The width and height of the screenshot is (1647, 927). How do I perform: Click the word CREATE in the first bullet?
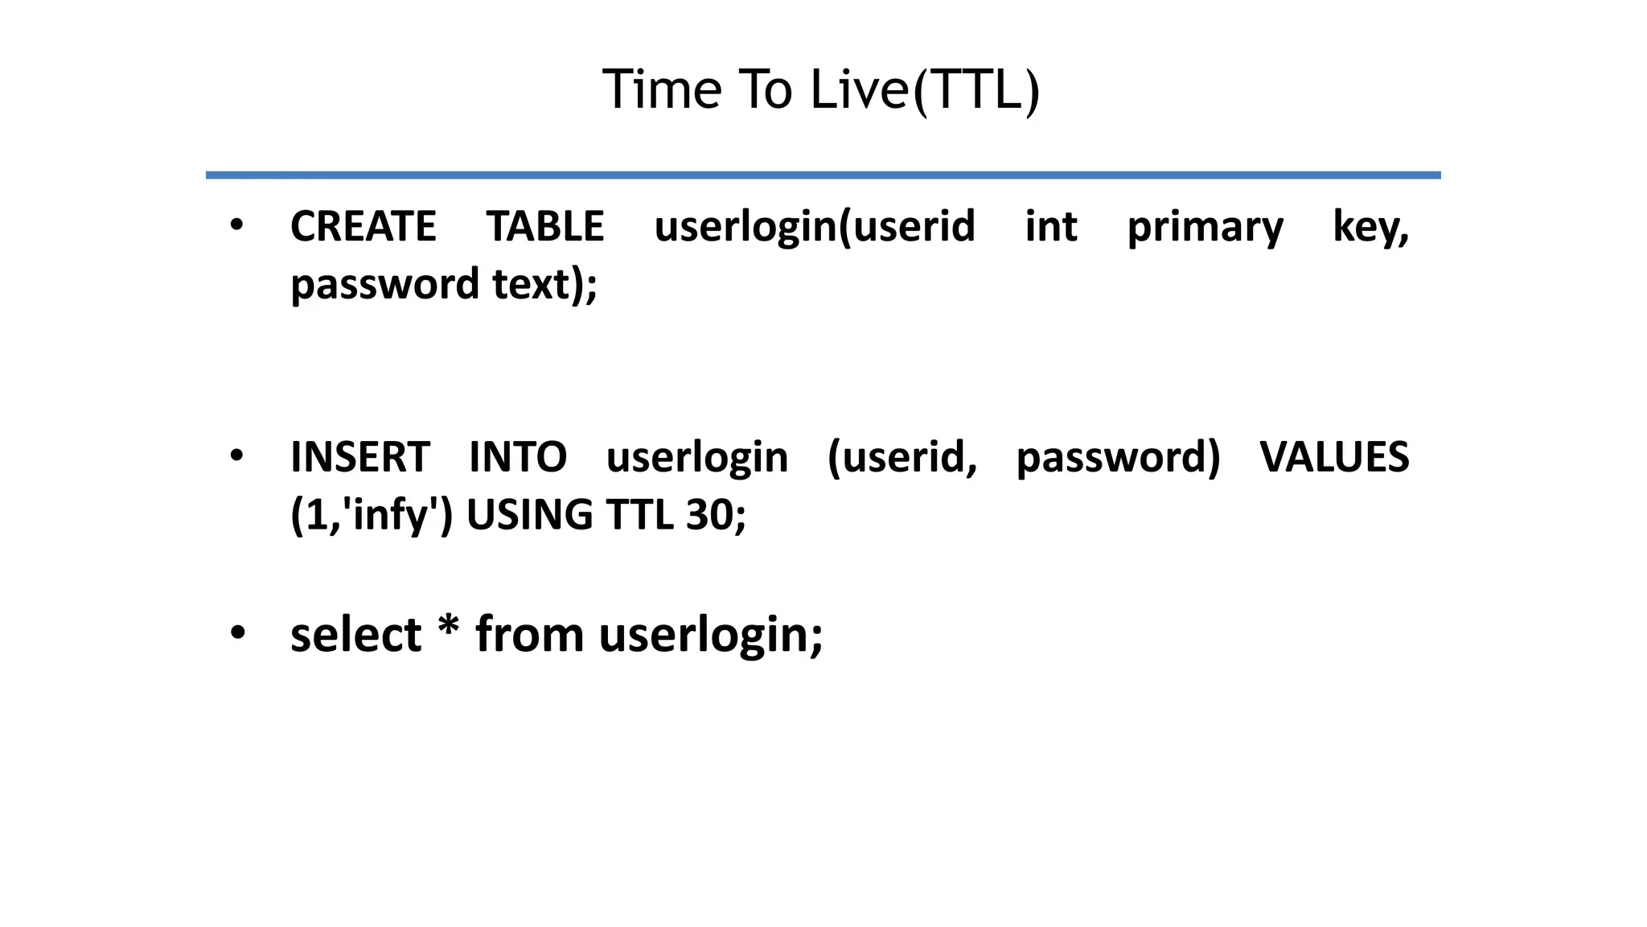(x=363, y=226)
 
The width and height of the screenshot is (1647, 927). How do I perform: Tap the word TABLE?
(x=545, y=226)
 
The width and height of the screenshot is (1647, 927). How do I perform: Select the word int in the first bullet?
(x=1050, y=226)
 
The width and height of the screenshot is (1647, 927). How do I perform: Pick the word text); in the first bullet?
(x=544, y=285)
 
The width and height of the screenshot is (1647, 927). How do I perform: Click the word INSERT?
(x=360, y=457)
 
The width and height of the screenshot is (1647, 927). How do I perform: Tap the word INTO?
(x=518, y=457)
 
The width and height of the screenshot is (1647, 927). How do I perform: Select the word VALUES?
(x=1334, y=457)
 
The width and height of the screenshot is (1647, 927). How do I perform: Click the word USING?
(x=529, y=515)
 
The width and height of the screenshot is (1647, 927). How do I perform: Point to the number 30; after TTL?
(x=716, y=515)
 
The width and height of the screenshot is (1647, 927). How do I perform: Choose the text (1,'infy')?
(x=372, y=515)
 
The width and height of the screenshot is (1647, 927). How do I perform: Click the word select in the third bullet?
(x=355, y=635)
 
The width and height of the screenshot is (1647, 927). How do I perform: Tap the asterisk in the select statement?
(x=448, y=628)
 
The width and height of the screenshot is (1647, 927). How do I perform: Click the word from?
(x=529, y=635)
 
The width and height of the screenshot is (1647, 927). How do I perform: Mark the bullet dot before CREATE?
(x=236, y=225)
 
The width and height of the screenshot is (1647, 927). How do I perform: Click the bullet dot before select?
(x=236, y=633)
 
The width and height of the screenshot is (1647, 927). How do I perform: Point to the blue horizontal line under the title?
(x=823, y=175)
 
